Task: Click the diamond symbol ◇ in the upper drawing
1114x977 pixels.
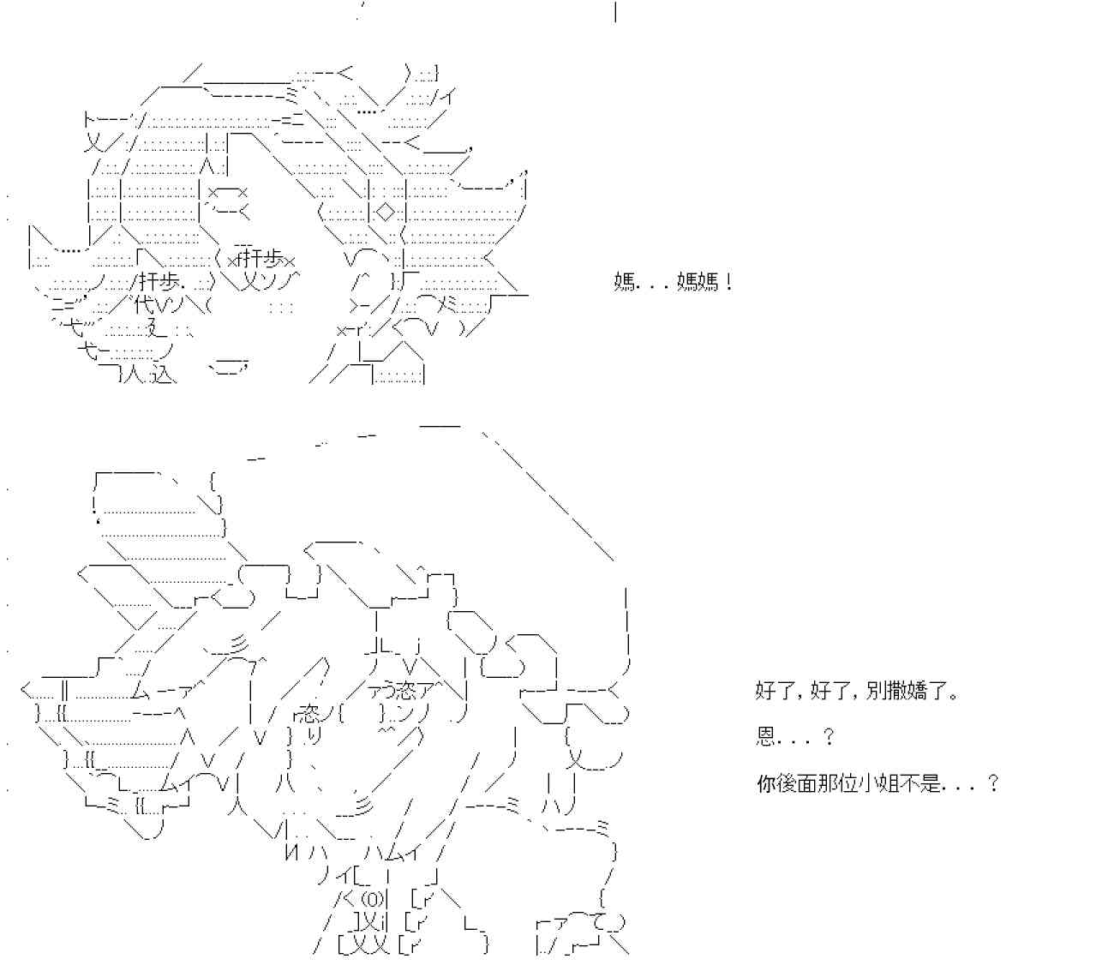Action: pyautogui.click(x=386, y=211)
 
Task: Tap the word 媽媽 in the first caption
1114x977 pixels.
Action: pyautogui.click(x=698, y=282)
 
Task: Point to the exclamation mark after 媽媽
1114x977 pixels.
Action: pyautogui.click(x=728, y=282)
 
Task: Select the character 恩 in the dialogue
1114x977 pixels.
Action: pyautogui.click(x=765, y=737)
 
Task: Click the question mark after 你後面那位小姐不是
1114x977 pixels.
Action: pyautogui.click(x=993, y=783)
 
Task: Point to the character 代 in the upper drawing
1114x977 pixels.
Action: pyautogui.click(x=142, y=304)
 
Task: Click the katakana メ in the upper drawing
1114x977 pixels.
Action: pyautogui.click(x=447, y=305)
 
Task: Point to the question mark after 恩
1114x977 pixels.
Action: pyautogui.click(x=828, y=737)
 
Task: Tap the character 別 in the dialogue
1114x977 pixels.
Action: pyautogui.click(x=874, y=691)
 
